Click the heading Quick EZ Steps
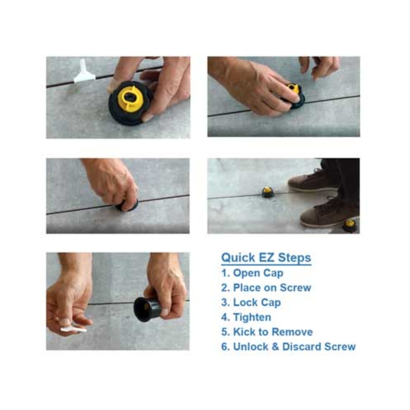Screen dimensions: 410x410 (x=266, y=257)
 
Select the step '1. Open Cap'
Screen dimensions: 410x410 (x=252, y=273)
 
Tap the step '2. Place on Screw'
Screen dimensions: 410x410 (x=266, y=288)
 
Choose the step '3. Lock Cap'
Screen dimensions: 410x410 (x=251, y=303)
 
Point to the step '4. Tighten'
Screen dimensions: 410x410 (x=246, y=318)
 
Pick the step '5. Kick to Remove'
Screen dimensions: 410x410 (x=267, y=332)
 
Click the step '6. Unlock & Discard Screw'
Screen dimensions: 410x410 (x=288, y=347)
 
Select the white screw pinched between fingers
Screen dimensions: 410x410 (x=73, y=329)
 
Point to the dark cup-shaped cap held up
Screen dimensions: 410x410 (x=147, y=309)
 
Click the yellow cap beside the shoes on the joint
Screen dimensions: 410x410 (x=268, y=193)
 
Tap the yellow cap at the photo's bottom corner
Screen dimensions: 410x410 (x=350, y=225)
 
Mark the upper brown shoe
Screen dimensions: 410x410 (x=312, y=181)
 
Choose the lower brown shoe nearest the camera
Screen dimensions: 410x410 (x=328, y=214)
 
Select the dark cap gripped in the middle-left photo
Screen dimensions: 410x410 (x=127, y=206)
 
